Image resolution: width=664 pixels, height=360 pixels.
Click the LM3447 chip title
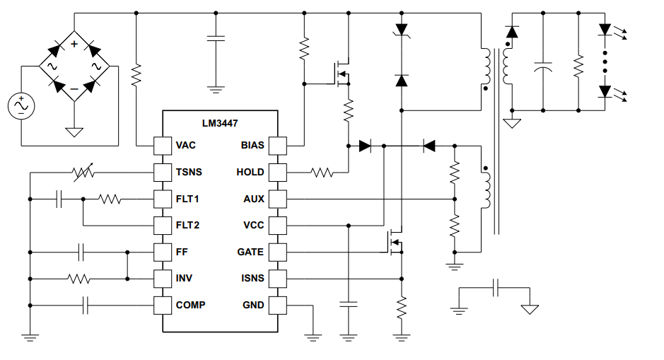click(220, 123)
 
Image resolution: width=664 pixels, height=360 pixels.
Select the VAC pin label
click(186, 145)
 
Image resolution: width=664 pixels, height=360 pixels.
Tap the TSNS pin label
click(189, 172)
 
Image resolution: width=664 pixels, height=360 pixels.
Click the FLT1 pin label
click(187, 199)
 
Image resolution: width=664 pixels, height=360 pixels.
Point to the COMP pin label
click(190, 305)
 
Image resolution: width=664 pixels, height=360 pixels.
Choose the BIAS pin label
click(252, 145)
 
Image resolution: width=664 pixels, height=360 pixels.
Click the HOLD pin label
click(251, 172)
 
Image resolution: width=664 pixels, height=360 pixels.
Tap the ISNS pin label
click(252, 278)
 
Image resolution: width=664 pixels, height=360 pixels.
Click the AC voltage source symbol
click(21, 106)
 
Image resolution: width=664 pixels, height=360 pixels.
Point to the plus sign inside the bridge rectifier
click(74, 44)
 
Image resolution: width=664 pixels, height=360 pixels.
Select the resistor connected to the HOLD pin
click(322, 172)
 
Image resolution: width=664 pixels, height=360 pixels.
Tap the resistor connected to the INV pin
click(79, 279)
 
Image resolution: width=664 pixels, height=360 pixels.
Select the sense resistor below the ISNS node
click(402, 308)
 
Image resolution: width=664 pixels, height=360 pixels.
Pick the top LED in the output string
click(605, 30)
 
